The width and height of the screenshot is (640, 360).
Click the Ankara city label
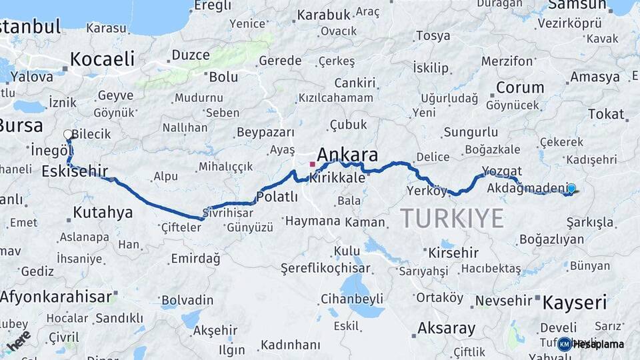pos(347,155)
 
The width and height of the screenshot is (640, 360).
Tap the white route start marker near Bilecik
pos(68,135)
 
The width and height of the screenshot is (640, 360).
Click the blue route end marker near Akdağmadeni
pos(571,189)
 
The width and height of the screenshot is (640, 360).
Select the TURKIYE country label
pos(452,218)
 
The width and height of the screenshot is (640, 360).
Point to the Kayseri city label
pos(574,303)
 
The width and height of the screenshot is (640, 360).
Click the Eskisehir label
pos(74,171)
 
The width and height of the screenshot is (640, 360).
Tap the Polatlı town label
pos(277,197)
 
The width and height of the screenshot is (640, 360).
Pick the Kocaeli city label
pos(102,58)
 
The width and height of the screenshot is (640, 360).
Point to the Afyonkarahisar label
pos(56,296)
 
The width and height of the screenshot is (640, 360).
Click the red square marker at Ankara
pos(312,163)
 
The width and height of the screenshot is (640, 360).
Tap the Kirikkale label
pos(337,178)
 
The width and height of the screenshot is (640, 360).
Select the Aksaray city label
pos(446,328)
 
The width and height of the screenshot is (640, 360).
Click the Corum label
pos(520,87)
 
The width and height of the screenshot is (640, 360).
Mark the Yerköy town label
pos(427,191)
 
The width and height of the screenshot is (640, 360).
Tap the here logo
pos(19,341)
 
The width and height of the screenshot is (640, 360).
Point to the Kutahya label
pos(103,213)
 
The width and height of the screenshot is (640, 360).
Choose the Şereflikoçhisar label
pos(325,267)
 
